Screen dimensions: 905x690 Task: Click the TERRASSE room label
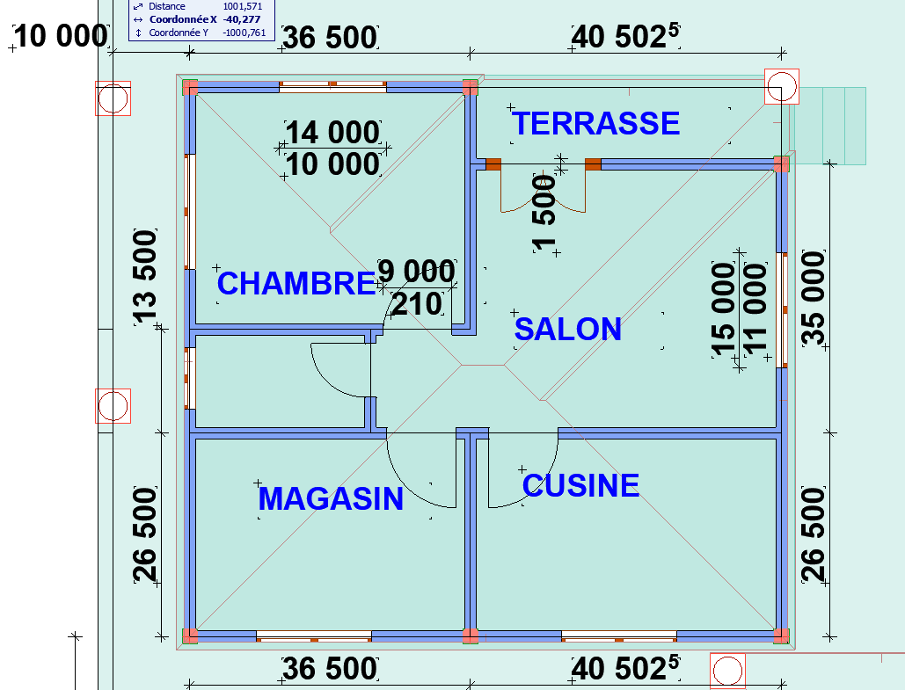(595, 123)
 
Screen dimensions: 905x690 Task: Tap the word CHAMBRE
(296, 283)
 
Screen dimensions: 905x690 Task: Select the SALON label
(568, 330)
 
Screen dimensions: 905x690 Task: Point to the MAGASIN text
(331, 499)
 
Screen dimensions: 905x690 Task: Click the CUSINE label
(580, 486)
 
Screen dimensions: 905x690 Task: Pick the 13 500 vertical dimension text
(145, 275)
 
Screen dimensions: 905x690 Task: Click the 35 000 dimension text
(814, 298)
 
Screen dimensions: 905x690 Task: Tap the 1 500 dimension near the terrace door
(544, 214)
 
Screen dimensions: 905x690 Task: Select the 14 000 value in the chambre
(332, 133)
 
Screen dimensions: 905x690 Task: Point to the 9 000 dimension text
(417, 271)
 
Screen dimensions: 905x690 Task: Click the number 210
(417, 304)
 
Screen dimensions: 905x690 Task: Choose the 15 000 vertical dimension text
(724, 309)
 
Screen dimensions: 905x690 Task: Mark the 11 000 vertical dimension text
(755, 309)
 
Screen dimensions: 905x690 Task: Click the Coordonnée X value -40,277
(241, 19)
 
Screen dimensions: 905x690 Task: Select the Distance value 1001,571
(243, 6)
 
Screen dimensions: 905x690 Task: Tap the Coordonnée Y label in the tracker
(179, 33)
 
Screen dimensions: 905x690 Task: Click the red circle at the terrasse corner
(782, 86)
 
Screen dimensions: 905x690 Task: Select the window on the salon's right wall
(783, 310)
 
